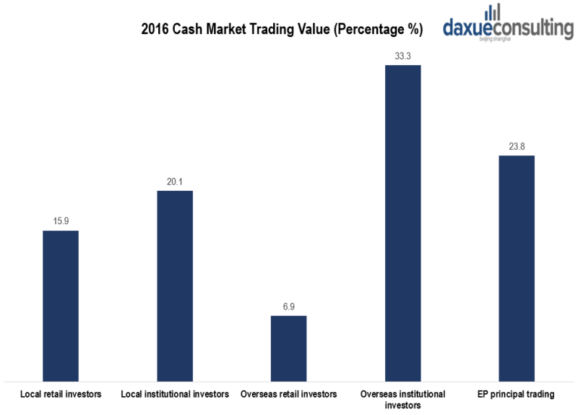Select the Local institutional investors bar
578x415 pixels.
(x=175, y=286)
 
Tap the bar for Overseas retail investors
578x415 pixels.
(x=288, y=348)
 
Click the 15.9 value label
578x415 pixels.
(x=61, y=221)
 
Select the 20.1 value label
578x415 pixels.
(x=175, y=181)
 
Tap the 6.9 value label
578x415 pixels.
(x=288, y=306)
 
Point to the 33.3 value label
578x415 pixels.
(x=402, y=55)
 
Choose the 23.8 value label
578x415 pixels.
(x=517, y=145)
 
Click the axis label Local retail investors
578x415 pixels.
(x=61, y=394)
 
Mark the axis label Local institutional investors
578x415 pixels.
(x=175, y=394)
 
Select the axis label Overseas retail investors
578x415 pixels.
(x=288, y=394)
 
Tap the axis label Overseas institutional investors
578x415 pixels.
(x=402, y=400)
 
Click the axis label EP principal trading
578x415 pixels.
(x=517, y=394)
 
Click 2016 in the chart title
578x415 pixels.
(x=154, y=30)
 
